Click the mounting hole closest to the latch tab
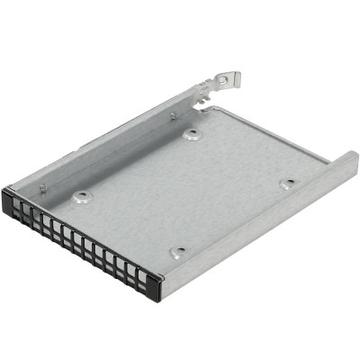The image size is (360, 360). pyautogui.click(x=192, y=135)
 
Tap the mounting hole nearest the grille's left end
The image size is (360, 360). pyautogui.click(x=82, y=196)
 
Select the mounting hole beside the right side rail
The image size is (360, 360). pyautogui.click(x=287, y=184)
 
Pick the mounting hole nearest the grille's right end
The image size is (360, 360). pyautogui.click(x=178, y=253)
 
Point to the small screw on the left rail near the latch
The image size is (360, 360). pyautogui.click(x=173, y=115)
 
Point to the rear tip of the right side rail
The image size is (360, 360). pyautogui.click(x=348, y=157)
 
